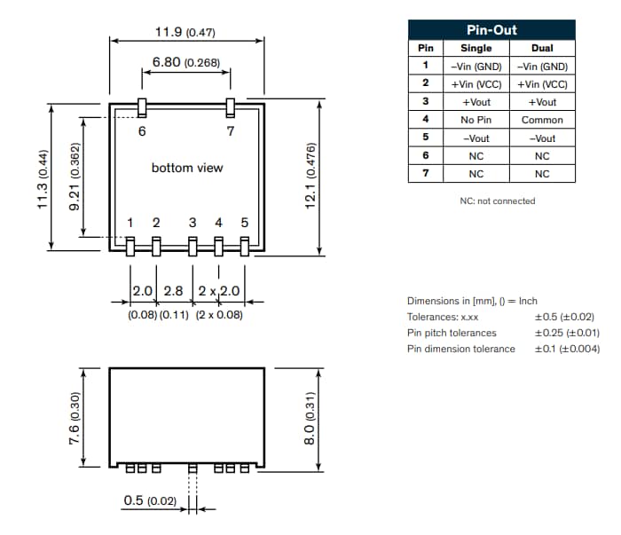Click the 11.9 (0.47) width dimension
point(185,33)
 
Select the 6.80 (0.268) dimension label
point(185,63)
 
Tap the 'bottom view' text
point(187,168)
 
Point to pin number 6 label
point(142,131)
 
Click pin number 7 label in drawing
point(231,131)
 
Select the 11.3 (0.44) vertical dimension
point(42,178)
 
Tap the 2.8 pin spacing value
point(173,291)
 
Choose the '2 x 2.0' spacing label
point(218,291)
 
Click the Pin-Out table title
point(491,30)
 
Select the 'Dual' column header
point(542,48)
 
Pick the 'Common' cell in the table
point(542,120)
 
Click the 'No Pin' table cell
point(476,120)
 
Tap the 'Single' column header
point(476,48)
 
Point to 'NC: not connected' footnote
point(497,201)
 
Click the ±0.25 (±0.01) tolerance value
point(567,333)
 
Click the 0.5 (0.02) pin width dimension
point(150,502)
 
